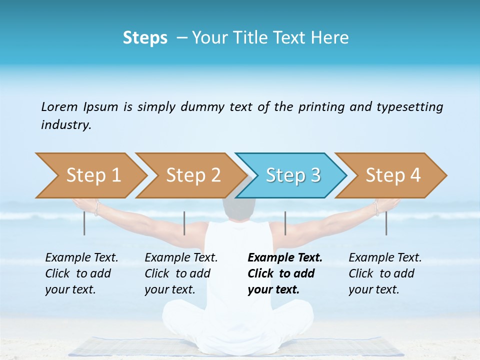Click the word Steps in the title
145,38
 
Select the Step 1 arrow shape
92,175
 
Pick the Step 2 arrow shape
192,175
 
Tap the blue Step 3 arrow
292,175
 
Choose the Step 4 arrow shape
392,175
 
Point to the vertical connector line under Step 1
84,223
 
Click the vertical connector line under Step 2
184,223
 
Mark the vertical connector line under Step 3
285,223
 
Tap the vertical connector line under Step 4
386,223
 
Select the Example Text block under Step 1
81,273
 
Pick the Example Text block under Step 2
180,273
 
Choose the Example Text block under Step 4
384,273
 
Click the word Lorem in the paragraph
59,107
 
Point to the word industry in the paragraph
66,125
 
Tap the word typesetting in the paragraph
409,107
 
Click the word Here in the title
330,38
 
